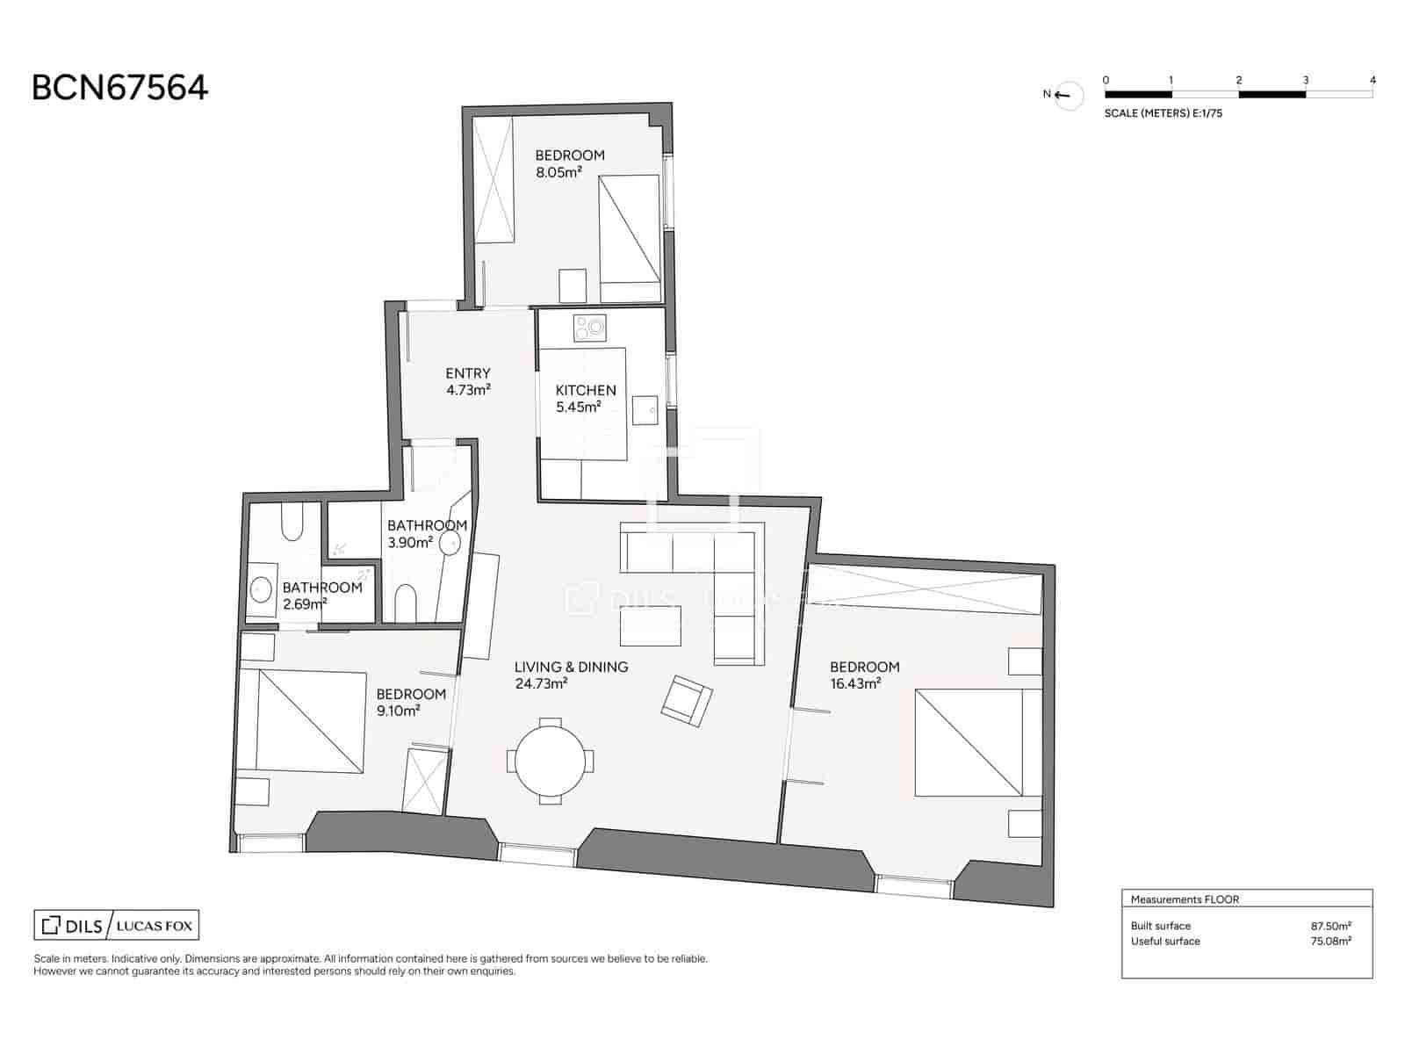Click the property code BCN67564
click(x=119, y=88)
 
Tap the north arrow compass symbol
click(x=1069, y=95)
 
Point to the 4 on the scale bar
click(x=1373, y=80)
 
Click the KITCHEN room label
click(x=586, y=390)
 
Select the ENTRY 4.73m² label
click(x=467, y=381)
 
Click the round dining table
click(x=550, y=762)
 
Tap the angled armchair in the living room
click(x=686, y=700)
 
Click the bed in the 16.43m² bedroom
click(x=969, y=742)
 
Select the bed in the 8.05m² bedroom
click(x=630, y=228)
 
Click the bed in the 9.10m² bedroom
click(x=311, y=722)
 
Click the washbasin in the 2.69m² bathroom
click(x=261, y=588)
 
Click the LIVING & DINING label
click(x=571, y=668)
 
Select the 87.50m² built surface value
click(x=1330, y=926)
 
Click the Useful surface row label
click(x=1164, y=942)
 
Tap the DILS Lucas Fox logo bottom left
click(x=117, y=925)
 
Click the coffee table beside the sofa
click(x=651, y=626)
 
